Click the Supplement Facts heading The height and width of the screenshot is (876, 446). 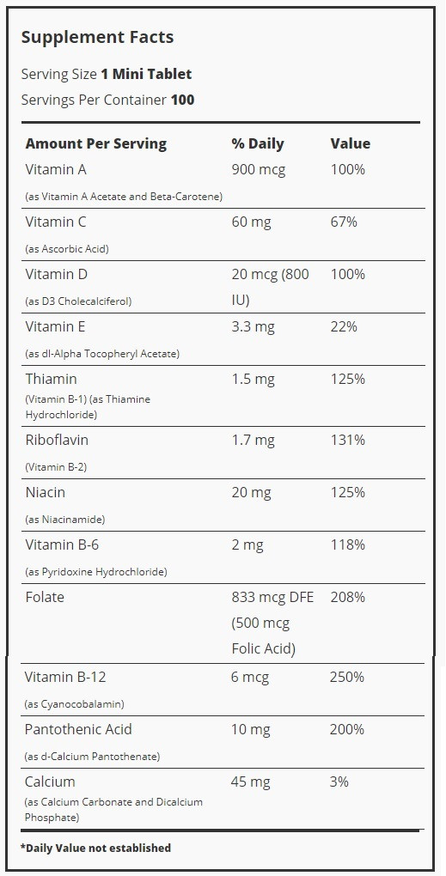click(x=97, y=38)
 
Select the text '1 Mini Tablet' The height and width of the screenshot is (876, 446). click(x=146, y=75)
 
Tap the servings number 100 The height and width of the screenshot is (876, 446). click(x=183, y=100)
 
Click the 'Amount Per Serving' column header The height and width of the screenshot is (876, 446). click(x=96, y=144)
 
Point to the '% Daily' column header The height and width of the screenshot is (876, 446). click(x=258, y=144)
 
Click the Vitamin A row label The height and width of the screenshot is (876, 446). click(x=56, y=170)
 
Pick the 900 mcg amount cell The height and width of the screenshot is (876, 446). click(x=258, y=170)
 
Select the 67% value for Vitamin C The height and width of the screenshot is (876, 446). click(x=344, y=222)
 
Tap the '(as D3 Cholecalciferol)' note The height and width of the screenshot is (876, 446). click(x=79, y=301)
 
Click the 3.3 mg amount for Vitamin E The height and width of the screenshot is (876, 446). click(x=254, y=327)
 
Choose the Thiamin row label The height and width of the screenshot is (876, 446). click(x=52, y=380)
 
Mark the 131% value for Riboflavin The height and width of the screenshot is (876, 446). click(x=348, y=441)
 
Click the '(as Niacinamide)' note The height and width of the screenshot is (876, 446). click(x=65, y=520)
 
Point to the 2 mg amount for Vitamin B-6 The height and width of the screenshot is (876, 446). click(x=247, y=545)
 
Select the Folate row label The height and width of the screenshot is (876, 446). click(x=45, y=597)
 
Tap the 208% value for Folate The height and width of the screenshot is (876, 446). click(x=348, y=597)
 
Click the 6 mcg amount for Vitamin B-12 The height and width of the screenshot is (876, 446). click(x=250, y=678)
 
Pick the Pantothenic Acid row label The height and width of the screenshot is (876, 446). click(x=78, y=730)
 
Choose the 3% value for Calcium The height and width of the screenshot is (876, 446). click(x=339, y=782)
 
